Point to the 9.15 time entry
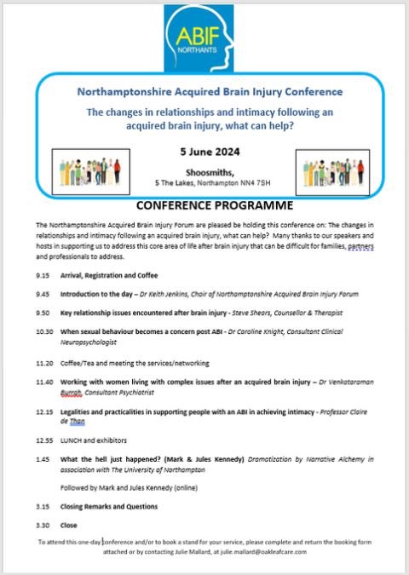pos(43,276)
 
